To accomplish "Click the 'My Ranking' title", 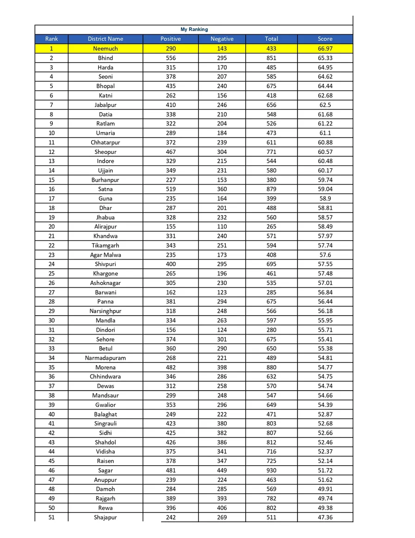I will point(194,30).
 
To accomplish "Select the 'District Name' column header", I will point(105,39).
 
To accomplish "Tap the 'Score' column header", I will point(325,39).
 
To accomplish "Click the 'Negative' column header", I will point(222,39).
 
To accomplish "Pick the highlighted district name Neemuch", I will point(105,49).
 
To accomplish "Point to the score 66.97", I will point(325,49).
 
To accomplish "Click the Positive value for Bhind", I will point(171,58).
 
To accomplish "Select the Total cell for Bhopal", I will point(271,86).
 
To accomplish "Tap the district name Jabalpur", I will point(105,105).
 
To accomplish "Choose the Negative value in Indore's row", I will point(222,161).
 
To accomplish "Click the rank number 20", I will point(51,227).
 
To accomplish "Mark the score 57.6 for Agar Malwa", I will point(325,255).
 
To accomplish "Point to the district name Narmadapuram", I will point(105,358).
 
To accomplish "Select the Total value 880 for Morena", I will point(271,367).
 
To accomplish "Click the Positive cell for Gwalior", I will point(171,405).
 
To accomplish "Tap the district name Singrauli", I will point(105,424).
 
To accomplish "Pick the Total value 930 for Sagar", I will point(271,470).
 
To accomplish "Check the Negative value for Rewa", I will point(222,508).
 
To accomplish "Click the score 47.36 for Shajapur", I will point(325,517).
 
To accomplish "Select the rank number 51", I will point(51,517).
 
